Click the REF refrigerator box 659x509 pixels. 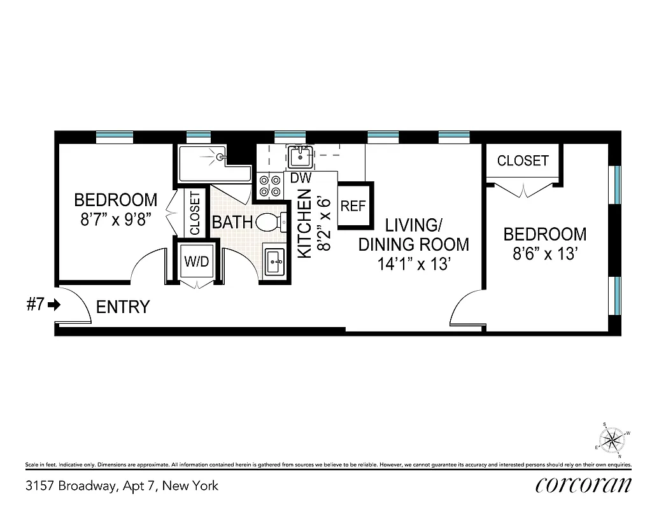353,206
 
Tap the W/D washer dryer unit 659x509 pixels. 196,261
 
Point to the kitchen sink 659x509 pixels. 298,155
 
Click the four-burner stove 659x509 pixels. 270,185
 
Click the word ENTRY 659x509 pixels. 123,307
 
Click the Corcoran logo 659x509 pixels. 583,485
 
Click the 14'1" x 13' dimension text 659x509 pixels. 415,263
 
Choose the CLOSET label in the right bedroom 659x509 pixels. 523,161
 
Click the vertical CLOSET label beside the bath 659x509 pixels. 195,213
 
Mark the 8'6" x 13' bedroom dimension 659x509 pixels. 545,254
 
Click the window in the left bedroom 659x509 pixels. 115,136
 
